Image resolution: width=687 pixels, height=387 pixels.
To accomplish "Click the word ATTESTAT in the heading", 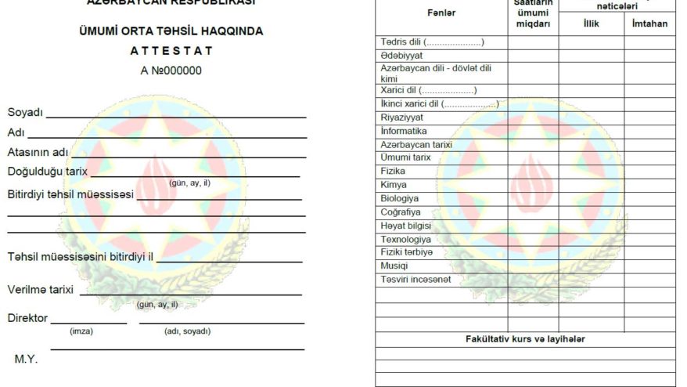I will tap(171, 51).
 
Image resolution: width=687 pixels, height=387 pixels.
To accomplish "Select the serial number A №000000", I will tap(171, 71).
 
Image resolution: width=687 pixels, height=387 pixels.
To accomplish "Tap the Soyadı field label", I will tap(25, 113).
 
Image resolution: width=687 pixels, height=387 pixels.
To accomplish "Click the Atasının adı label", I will tap(38, 152).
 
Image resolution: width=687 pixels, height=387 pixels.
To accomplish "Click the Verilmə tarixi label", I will tap(41, 290).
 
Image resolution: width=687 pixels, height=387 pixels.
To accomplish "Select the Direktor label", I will tap(27, 318).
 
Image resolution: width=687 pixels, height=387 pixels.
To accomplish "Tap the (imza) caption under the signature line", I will tap(81, 331).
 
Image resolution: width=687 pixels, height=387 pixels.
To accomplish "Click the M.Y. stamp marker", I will tap(26, 360).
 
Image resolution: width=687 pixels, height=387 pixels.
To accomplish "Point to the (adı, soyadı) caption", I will tap(187, 331).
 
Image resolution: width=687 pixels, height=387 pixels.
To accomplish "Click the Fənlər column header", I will tap(441, 13).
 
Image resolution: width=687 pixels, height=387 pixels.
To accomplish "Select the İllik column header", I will tap(591, 24).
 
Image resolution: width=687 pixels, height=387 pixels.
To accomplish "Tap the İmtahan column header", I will tap(649, 24).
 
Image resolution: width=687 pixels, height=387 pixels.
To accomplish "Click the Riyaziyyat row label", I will tap(402, 118).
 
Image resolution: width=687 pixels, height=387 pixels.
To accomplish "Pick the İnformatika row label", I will tap(404, 131).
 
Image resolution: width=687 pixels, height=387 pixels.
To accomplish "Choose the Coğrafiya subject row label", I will tap(401, 212).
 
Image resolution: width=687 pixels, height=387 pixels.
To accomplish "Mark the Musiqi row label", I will tap(394, 266).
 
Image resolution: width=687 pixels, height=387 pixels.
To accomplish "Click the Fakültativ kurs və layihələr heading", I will tap(525, 339).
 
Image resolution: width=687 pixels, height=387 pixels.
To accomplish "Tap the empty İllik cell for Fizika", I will tap(591, 172).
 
